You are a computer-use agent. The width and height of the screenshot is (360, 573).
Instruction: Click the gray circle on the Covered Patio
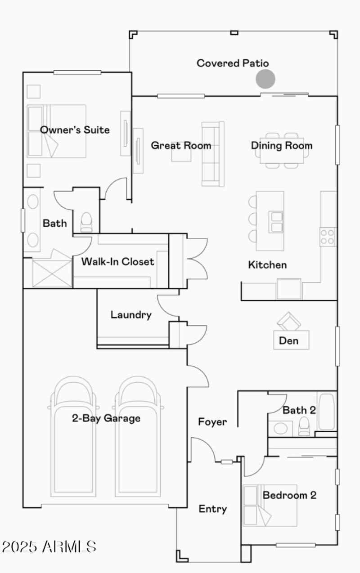pyautogui.click(x=265, y=79)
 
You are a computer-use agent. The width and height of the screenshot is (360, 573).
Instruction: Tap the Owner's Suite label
pyautogui.click(x=75, y=130)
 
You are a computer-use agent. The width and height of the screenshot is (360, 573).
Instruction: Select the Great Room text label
pyautogui.click(x=181, y=145)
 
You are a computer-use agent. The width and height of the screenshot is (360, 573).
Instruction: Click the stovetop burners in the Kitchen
pyautogui.click(x=328, y=237)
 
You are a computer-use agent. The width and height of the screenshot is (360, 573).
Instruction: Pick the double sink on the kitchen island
pyautogui.click(x=276, y=221)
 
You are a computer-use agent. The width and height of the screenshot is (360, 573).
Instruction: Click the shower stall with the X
pyautogui.click(x=52, y=272)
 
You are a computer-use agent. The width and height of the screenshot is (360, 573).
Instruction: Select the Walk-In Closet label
pyautogui.click(x=117, y=261)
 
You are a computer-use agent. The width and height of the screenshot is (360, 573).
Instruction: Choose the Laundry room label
pyautogui.click(x=131, y=314)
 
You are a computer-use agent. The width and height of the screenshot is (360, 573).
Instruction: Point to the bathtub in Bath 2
pyautogui.click(x=326, y=412)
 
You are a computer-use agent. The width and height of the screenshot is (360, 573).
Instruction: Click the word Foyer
pyautogui.click(x=212, y=422)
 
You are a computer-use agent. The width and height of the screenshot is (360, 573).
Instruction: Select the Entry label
pyautogui.click(x=213, y=509)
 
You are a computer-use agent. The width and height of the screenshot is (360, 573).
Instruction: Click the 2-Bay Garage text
pyautogui.click(x=106, y=418)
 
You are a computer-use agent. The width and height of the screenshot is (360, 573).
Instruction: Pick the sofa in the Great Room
pyautogui.click(x=212, y=154)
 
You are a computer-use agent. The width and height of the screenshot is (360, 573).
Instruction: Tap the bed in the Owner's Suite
pyautogui.click(x=57, y=131)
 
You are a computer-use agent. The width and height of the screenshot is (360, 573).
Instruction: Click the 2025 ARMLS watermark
pyautogui.click(x=49, y=546)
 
